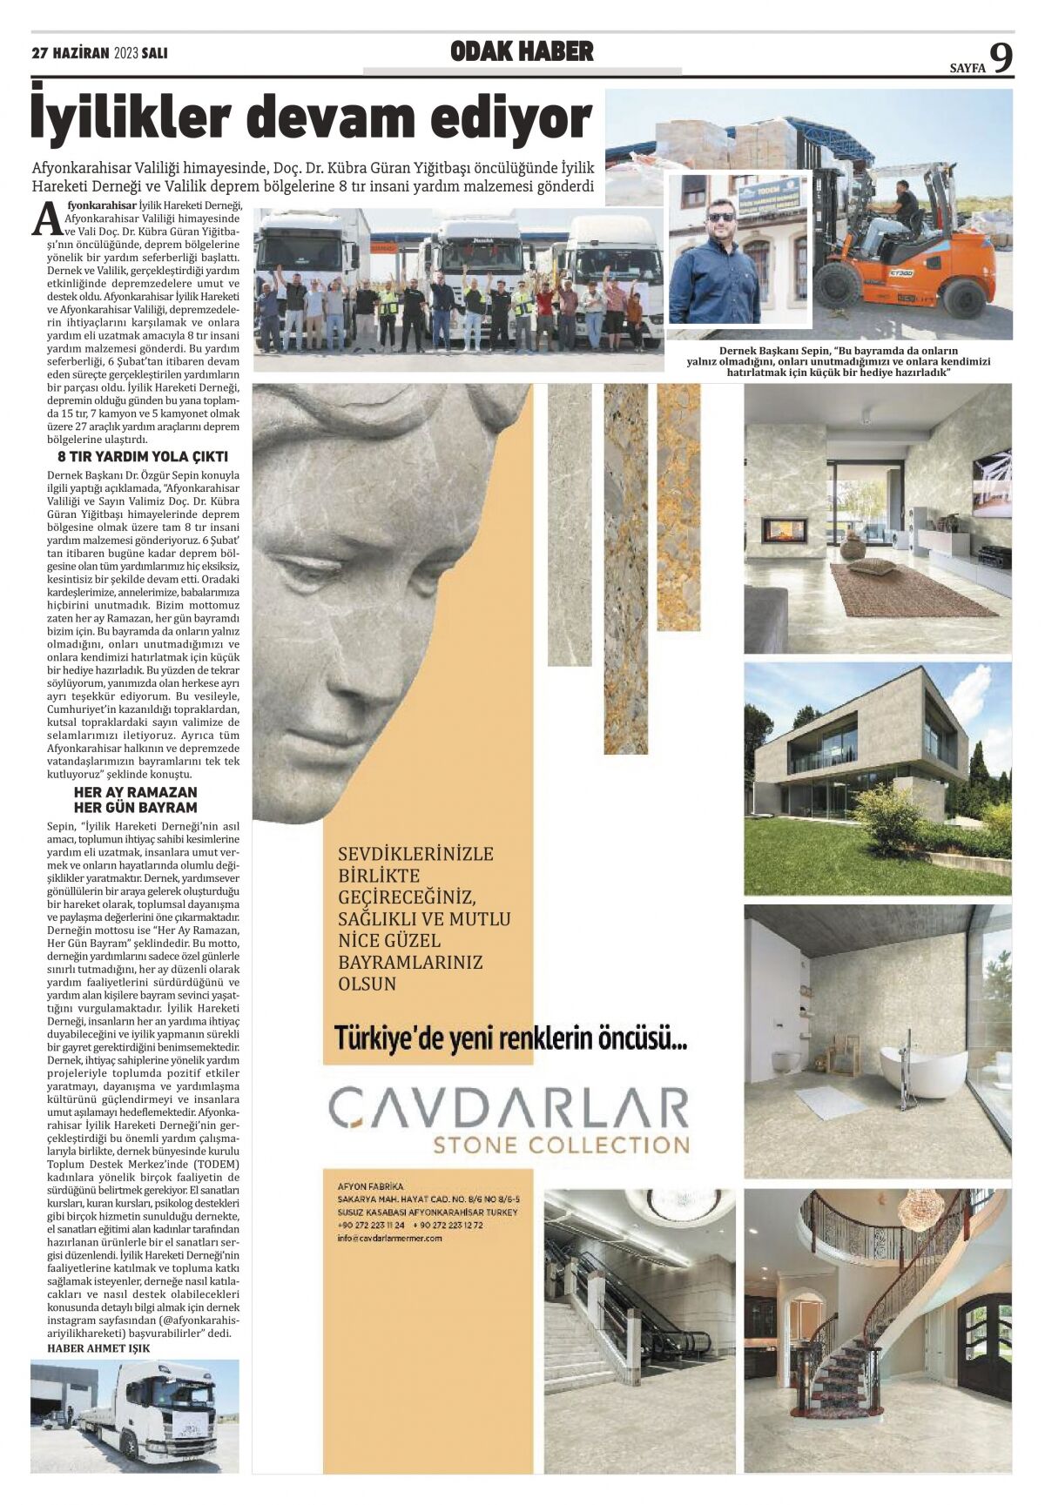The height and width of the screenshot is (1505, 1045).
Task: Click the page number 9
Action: coord(1001,59)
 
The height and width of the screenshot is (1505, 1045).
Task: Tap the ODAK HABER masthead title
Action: coord(522,52)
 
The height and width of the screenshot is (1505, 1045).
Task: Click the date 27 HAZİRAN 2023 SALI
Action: coord(99,53)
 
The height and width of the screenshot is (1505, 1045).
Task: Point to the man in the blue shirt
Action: coord(716,265)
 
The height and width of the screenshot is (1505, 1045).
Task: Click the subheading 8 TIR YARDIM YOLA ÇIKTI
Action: coord(143,456)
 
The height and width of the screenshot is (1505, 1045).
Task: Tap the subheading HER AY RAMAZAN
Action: coord(136,792)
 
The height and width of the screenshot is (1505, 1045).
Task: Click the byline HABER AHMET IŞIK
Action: coord(98,1348)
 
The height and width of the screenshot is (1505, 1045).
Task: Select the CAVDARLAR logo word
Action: coord(508,1107)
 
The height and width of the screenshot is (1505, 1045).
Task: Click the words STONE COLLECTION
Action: coord(561,1144)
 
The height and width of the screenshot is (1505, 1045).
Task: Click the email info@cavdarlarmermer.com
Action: coord(389,1238)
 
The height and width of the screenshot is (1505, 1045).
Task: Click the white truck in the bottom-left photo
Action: coord(157,1410)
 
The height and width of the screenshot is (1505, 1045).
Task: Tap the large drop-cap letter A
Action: coord(48,218)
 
